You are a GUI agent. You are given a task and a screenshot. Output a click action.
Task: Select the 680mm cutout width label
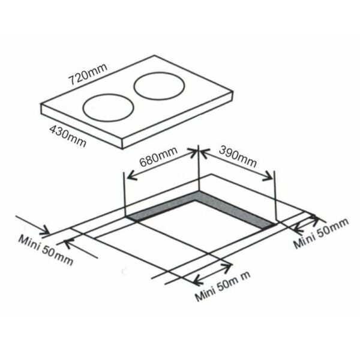pos(157,161)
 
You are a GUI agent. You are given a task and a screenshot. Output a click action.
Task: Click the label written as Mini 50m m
pos(223,290)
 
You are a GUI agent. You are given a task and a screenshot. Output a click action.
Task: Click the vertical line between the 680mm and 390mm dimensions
pos(198,174)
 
